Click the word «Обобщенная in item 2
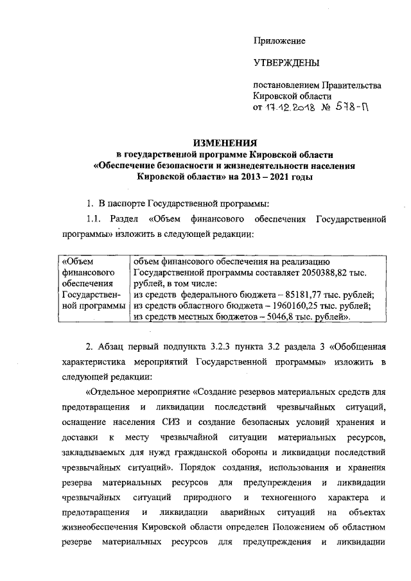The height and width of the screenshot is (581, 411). [x=359, y=349]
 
